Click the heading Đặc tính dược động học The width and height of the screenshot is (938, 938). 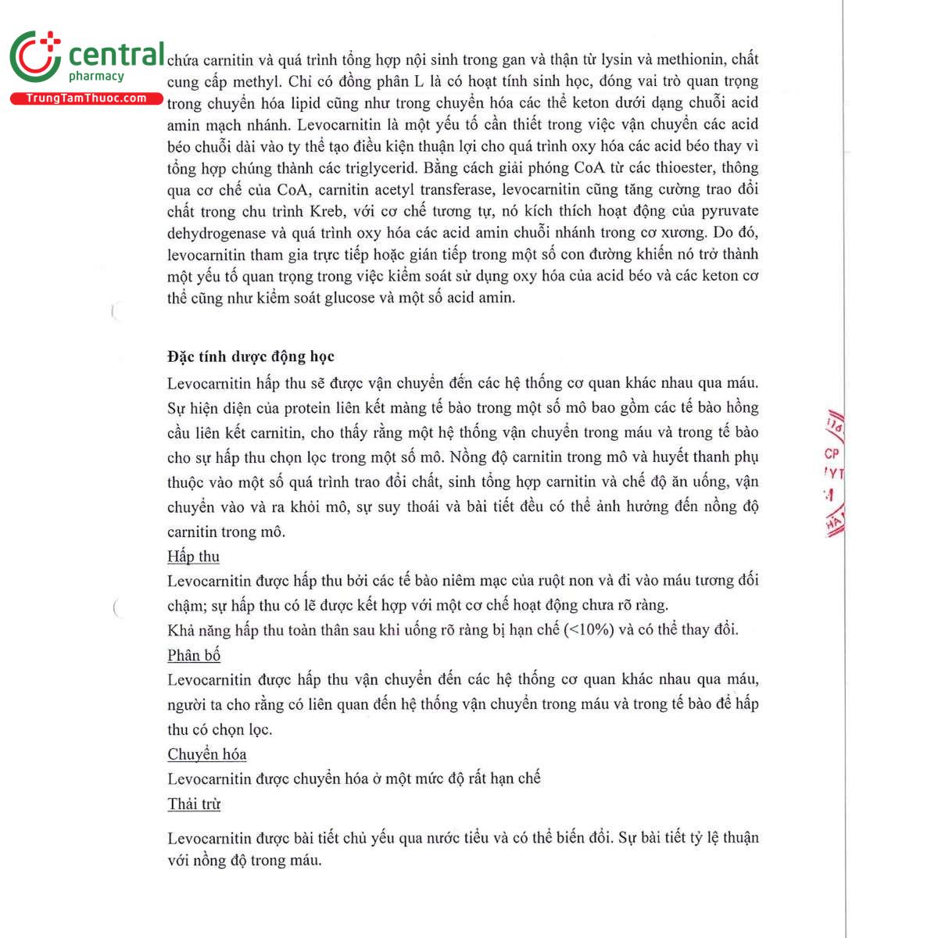(250, 356)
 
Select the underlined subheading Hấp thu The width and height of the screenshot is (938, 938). (193, 557)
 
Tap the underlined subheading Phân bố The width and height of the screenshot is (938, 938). (194, 655)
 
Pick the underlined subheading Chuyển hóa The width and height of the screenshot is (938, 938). (206, 754)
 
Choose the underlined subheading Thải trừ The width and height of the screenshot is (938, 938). (194, 804)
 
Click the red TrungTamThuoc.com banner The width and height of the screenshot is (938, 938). (86, 98)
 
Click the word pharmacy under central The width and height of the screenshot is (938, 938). (96, 76)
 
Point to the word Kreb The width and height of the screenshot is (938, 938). (329, 211)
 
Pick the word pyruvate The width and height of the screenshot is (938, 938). (729, 211)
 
